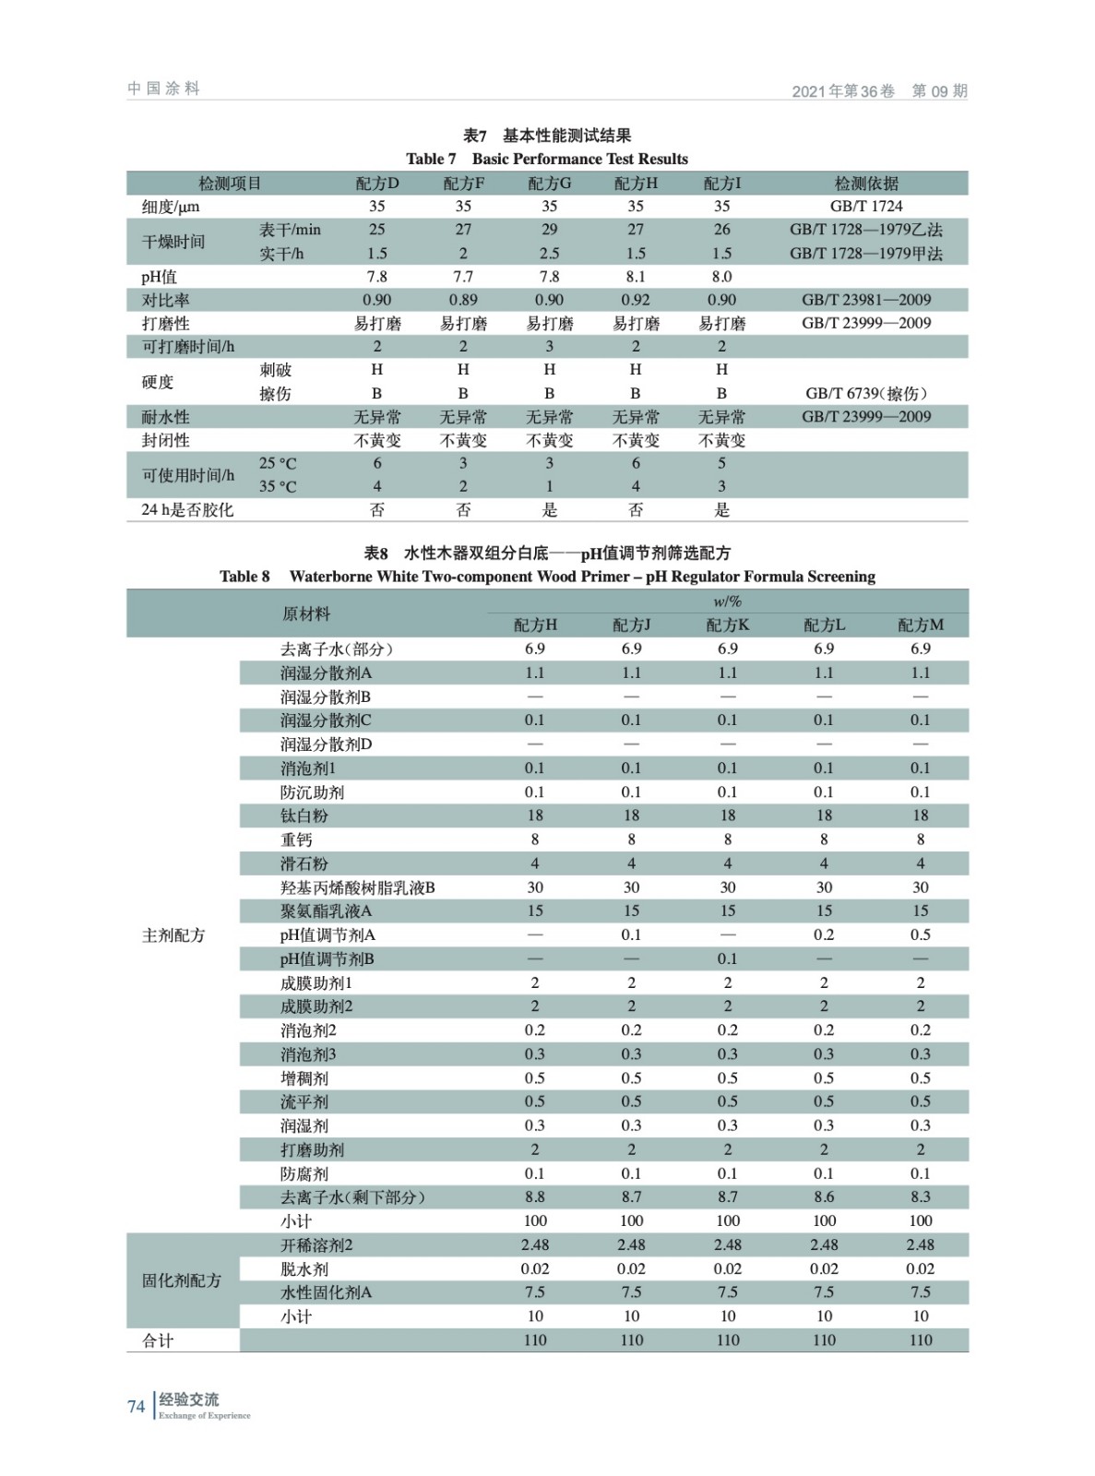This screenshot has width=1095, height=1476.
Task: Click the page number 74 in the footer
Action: click(136, 1406)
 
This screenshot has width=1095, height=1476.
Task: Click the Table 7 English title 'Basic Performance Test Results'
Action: click(579, 159)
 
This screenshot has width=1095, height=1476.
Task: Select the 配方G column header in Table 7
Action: click(549, 183)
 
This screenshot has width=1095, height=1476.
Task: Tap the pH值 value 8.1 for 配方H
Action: click(636, 277)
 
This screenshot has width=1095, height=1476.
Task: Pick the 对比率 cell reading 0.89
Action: click(463, 300)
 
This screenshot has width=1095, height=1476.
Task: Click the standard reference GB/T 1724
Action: click(866, 206)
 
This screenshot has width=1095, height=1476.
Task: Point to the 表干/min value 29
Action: click(549, 229)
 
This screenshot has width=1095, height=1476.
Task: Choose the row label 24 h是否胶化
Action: click(187, 509)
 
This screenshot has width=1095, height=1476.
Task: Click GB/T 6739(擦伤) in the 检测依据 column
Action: click(866, 393)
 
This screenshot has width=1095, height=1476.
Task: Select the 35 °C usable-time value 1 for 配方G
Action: click(549, 486)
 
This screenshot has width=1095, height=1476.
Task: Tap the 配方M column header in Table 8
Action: click(921, 625)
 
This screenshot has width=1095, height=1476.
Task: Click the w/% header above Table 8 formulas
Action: click(727, 601)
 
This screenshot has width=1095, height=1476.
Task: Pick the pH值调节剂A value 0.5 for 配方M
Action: click(921, 934)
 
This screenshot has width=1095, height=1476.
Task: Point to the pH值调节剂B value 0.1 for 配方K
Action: click(728, 958)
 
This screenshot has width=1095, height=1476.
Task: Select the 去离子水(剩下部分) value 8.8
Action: click(535, 1196)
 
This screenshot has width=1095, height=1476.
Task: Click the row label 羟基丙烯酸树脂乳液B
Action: click(358, 887)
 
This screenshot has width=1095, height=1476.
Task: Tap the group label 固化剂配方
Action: click(182, 1280)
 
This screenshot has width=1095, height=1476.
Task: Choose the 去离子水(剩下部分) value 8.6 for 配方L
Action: click(824, 1196)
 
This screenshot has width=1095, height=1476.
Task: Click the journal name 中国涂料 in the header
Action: click(163, 89)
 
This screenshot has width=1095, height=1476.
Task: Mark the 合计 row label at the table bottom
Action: click(158, 1340)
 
